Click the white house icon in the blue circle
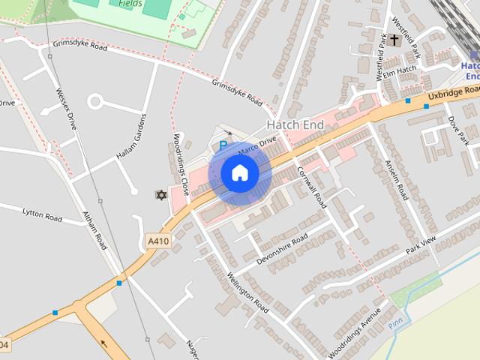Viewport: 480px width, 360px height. point(239,173)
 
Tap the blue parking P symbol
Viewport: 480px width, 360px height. point(223,145)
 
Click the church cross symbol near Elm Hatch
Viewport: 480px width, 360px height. point(394,40)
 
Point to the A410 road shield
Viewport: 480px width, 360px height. point(157,241)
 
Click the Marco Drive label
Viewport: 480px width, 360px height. point(257,145)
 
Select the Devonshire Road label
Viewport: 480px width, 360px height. point(282,249)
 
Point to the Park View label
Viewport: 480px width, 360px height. point(421,245)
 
